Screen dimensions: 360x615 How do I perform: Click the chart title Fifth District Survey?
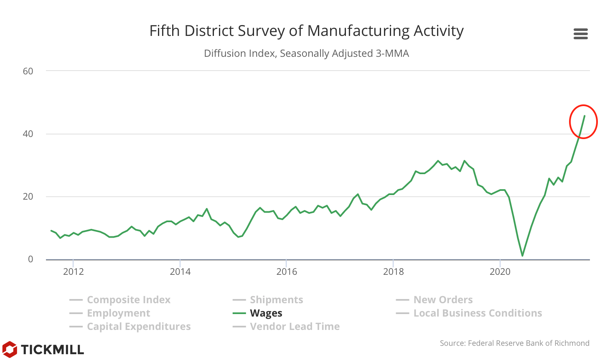point(306,31)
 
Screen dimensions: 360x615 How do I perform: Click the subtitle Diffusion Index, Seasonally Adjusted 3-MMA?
point(306,53)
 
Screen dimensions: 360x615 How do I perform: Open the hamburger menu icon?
point(580,34)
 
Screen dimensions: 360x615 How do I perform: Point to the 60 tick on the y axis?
point(28,71)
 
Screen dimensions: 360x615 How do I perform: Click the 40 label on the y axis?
point(28,134)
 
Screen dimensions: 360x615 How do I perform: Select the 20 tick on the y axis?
point(28,197)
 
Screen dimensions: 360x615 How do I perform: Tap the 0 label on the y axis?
point(30,259)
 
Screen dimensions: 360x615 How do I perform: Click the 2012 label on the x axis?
point(74,272)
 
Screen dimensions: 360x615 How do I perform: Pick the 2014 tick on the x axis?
point(180,272)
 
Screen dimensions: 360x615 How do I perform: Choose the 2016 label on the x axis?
point(287,272)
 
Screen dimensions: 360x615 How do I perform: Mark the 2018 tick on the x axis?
point(393,272)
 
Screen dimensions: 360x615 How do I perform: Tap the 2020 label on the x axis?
point(500,272)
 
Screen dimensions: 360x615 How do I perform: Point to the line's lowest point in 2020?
point(522,256)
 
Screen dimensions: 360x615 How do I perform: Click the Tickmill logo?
point(43,349)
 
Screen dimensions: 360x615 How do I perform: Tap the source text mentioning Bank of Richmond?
point(514,343)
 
